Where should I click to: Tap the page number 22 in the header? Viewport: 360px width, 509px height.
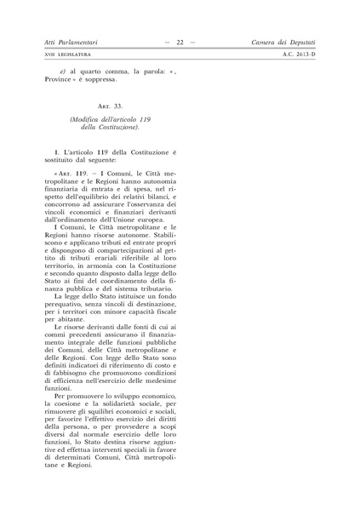point(180,42)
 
